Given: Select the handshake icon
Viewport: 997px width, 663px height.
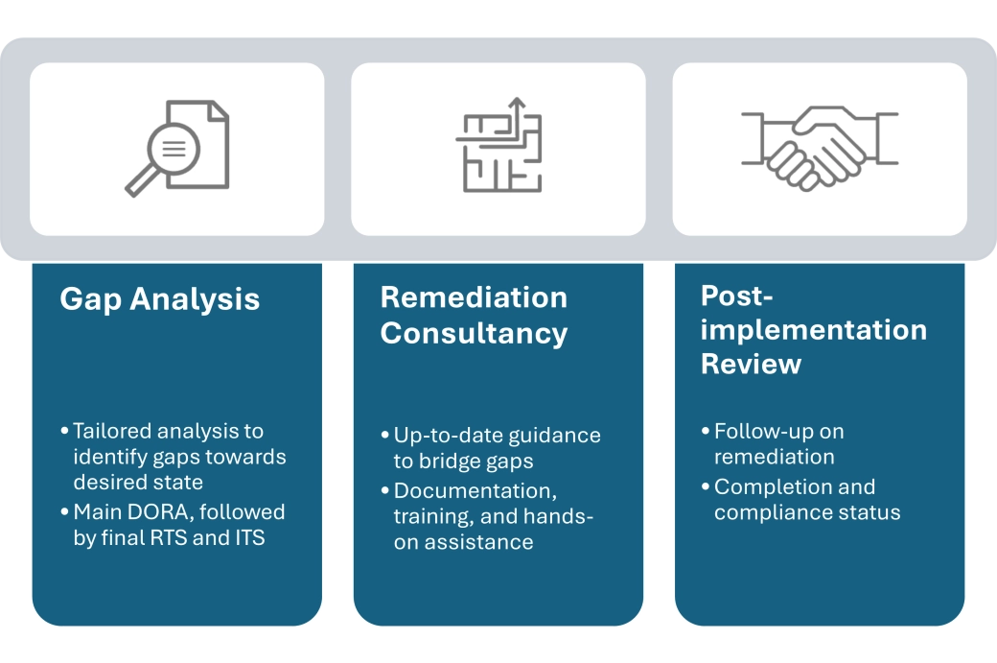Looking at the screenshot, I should coord(820,147).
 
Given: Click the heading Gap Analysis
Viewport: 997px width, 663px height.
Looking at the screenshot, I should coord(159,299).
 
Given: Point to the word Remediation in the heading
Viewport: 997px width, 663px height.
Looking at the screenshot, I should coord(474,297).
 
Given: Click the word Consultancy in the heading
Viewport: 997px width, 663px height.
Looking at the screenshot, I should coord(474,333).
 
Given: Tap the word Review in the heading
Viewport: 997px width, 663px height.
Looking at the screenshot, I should coord(751,364).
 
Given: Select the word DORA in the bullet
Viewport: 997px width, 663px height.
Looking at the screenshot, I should coord(167,512).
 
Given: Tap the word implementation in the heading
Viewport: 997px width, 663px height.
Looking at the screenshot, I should coord(814,330).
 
